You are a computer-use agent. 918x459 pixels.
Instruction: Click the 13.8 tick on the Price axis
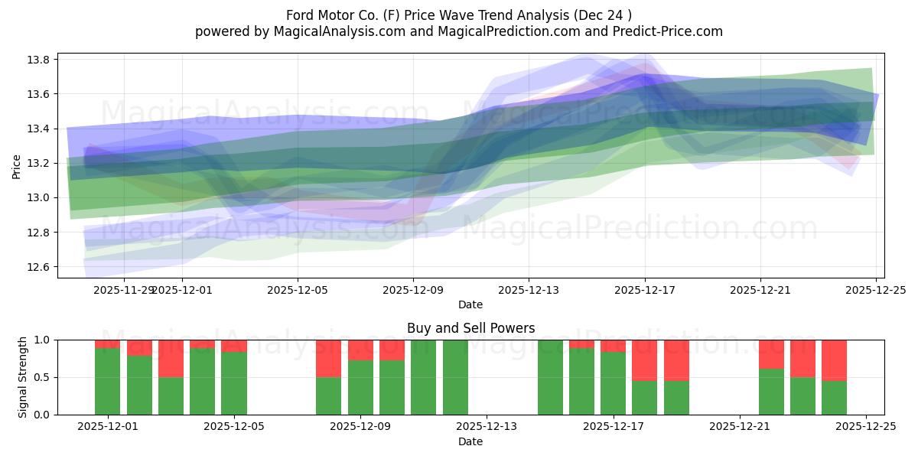40,60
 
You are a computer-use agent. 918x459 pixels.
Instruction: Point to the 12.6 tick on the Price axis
40,267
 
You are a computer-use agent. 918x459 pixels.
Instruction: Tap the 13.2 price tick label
40,163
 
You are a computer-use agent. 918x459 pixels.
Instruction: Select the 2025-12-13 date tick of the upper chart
529,290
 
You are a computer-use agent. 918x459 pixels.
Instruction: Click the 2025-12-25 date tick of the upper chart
875,290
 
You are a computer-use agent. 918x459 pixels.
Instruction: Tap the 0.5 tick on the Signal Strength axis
42,377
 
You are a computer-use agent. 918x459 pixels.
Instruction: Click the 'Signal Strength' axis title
23,377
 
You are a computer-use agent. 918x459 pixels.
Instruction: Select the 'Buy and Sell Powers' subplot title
470,328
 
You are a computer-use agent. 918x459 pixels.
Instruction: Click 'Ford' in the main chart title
301,15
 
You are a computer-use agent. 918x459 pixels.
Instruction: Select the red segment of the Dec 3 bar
171,358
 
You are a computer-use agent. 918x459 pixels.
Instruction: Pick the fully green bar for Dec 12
455,377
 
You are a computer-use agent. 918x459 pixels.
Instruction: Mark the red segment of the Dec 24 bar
834,360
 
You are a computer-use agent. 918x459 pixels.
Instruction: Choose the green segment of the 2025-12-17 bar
613,382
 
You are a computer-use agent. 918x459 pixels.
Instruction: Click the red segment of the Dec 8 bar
328,358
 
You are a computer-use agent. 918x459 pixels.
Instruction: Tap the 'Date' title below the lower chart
470,441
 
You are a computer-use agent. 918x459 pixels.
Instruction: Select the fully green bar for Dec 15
550,377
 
